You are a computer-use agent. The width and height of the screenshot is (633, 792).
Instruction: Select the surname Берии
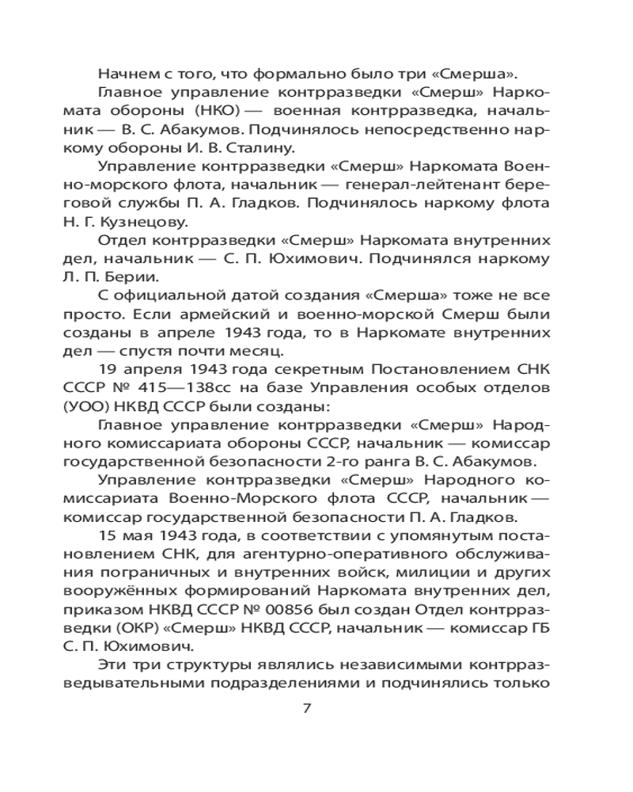click(141, 276)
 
